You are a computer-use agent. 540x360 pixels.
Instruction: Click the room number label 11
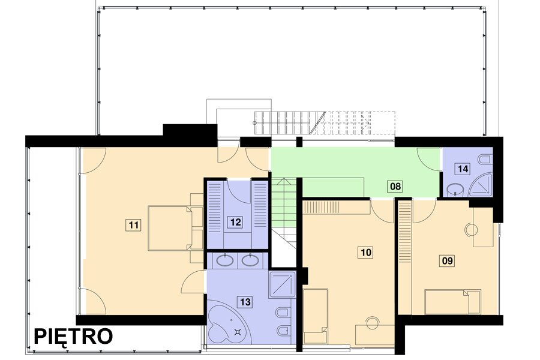(x=134, y=225)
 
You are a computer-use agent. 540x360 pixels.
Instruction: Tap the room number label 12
(x=236, y=222)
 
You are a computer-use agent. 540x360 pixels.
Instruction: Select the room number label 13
(x=245, y=302)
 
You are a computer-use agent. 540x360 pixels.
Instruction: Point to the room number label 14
(x=463, y=169)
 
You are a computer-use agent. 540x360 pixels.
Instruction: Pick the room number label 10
(x=366, y=253)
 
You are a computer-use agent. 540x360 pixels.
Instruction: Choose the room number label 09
(x=447, y=261)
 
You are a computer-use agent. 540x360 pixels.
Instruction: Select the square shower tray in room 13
(x=283, y=284)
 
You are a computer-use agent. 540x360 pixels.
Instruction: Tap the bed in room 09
(x=452, y=302)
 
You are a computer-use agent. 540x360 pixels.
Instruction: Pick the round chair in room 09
(x=471, y=230)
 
